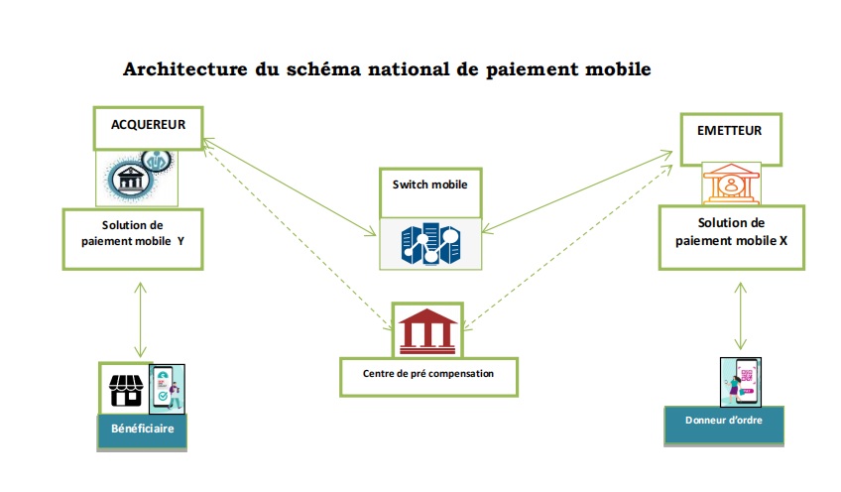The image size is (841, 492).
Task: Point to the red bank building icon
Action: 429,329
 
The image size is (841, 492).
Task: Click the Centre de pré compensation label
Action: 428,373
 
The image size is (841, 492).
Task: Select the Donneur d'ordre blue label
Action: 723,421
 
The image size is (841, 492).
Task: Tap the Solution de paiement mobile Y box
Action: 133,238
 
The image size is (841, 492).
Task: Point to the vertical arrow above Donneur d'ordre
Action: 738,313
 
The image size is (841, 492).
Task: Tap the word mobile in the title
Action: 615,70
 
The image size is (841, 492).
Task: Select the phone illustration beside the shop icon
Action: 166,388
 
